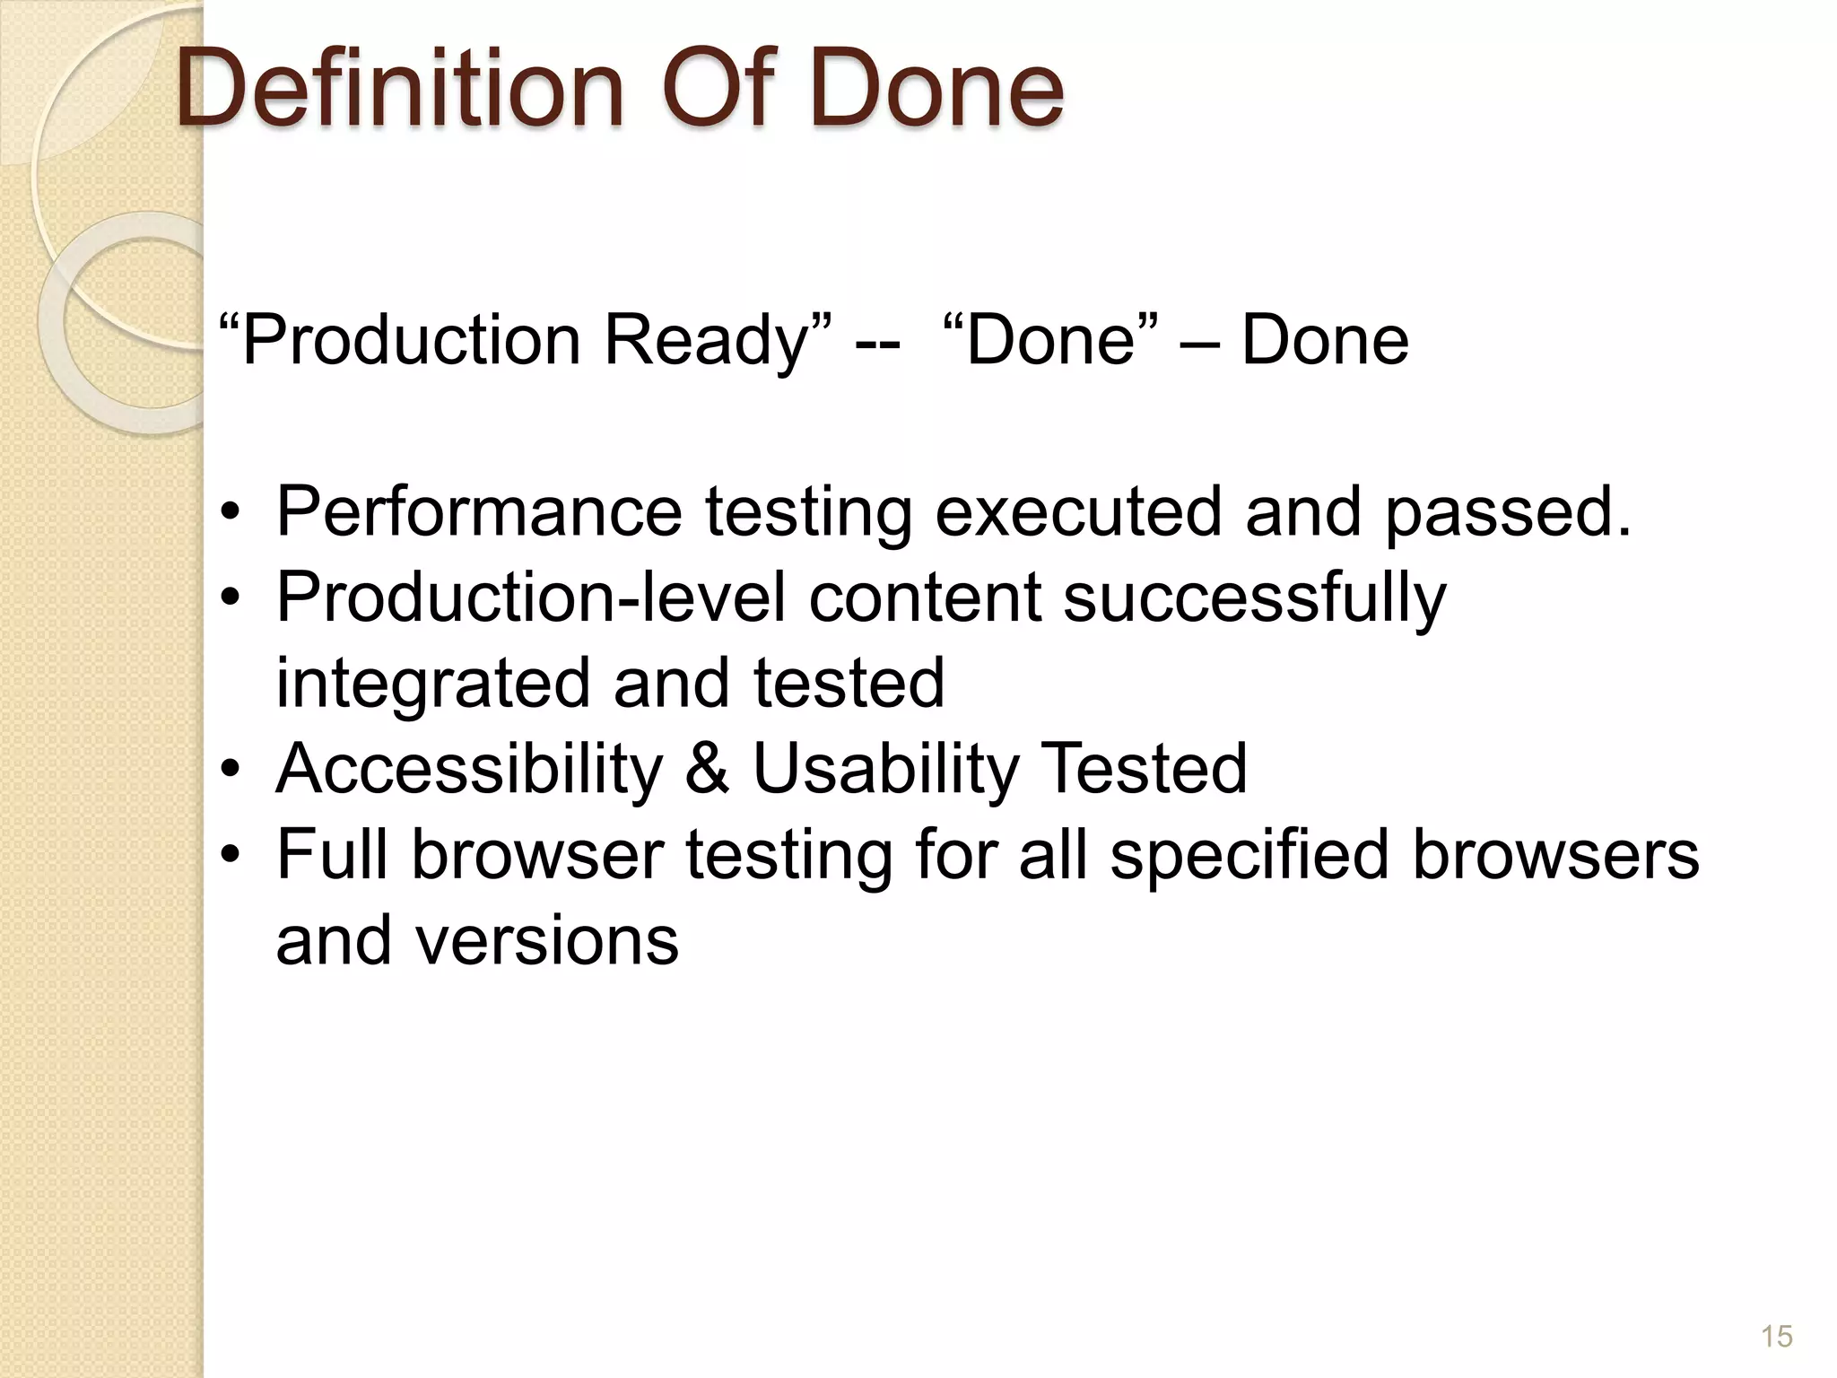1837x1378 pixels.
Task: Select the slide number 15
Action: tap(1776, 1336)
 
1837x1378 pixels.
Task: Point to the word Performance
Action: tap(479, 511)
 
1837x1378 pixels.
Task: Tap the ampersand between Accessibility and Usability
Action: tap(707, 769)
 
